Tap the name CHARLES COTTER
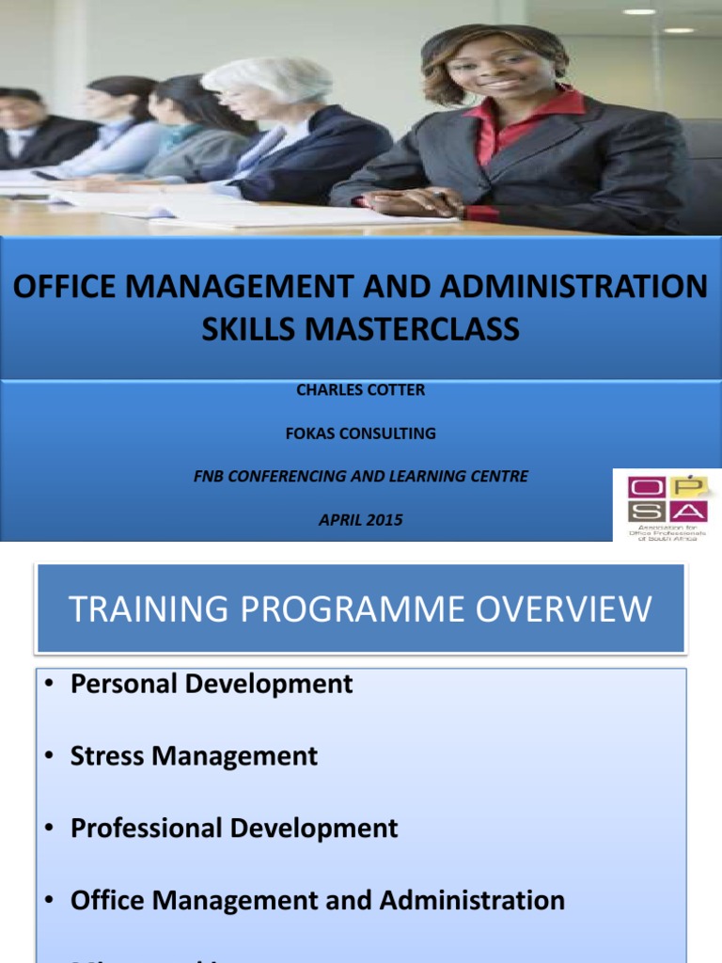pyautogui.click(x=361, y=389)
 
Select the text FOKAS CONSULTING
pyautogui.click(x=361, y=434)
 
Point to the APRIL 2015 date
pyautogui.click(x=361, y=519)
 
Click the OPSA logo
pyautogui.click(x=667, y=504)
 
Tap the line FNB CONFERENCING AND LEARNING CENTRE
pyautogui.click(x=361, y=477)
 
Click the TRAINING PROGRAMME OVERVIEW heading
pyautogui.click(x=360, y=609)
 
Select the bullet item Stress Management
pyautogui.click(x=194, y=756)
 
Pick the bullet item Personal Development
pyautogui.click(x=212, y=684)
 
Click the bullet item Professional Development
pyautogui.click(x=234, y=829)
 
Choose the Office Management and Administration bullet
pyautogui.click(x=318, y=900)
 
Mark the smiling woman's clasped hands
pyautogui.click(x=414, y=201)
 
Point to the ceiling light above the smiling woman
pyautogui.click(x=639, y=12)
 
